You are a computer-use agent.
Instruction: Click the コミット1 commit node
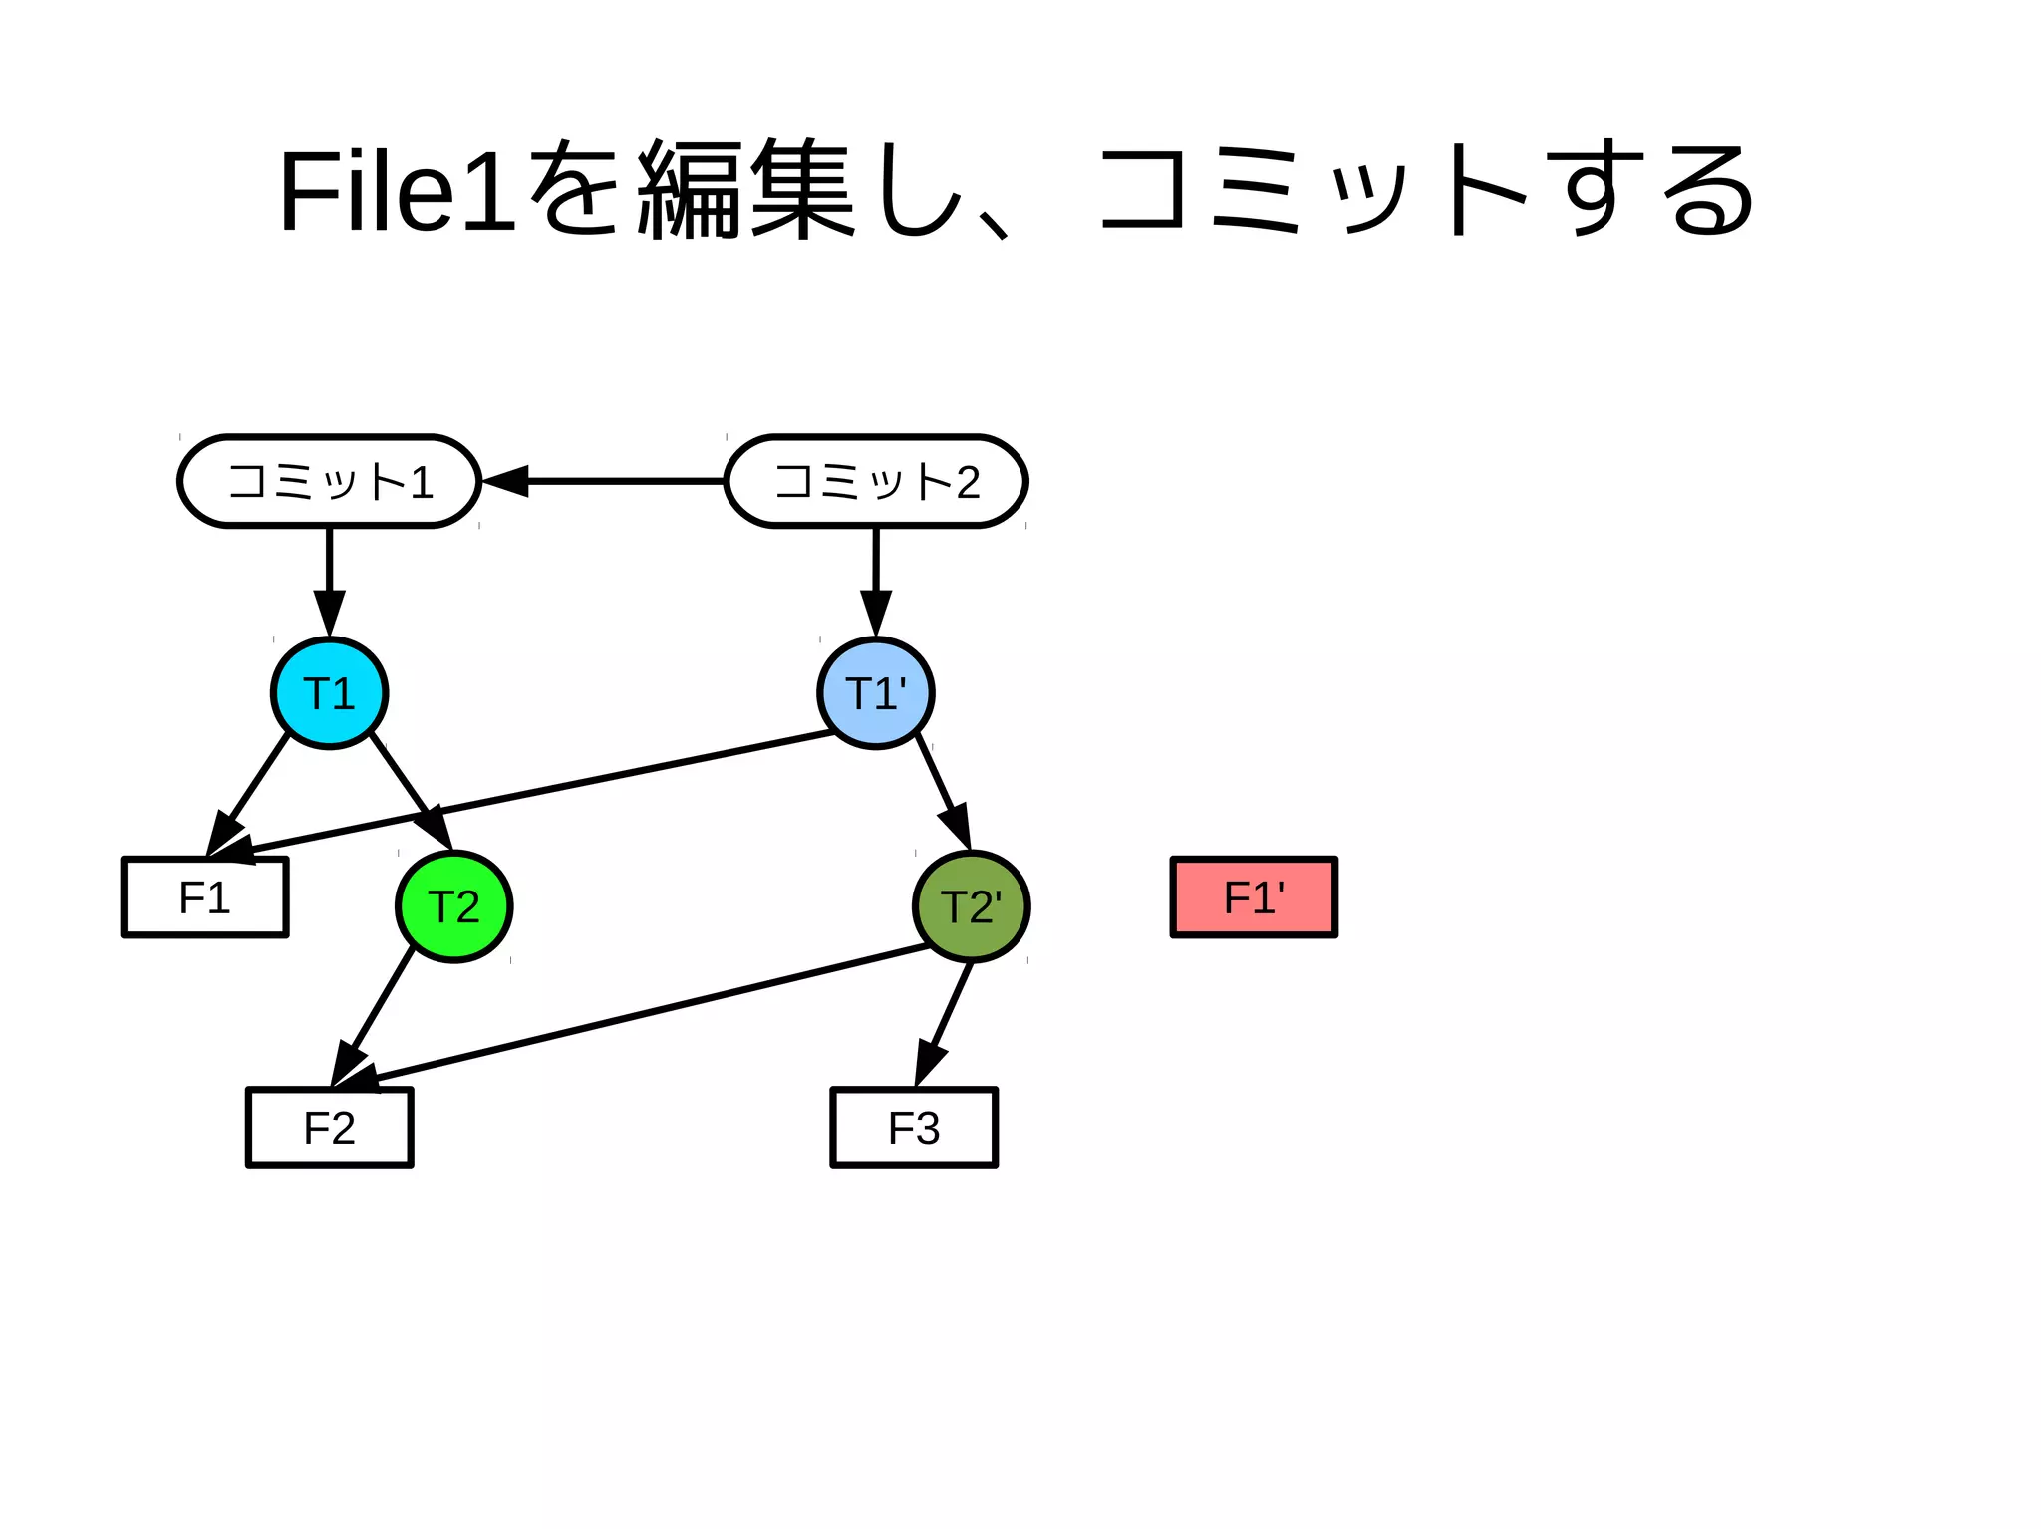(x=329, y=481)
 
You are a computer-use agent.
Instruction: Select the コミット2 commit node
(x=876, y=481)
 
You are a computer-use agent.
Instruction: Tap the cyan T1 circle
(x=330, y=693)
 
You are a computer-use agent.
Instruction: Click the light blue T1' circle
(x=876, y=693)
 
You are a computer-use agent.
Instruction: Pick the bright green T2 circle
(x=454, y=906)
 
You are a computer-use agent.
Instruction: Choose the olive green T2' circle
(x=972, y=906)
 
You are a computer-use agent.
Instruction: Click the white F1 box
(x=205, y=897)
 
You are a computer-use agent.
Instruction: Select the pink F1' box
(x=1254, y=897)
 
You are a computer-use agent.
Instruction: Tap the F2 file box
(x=330, y=1128)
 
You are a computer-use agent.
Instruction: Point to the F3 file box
(x=914, y=1128)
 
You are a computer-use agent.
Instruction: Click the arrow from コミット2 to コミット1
(x=618, y=481)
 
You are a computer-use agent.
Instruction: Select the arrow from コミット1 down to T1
(x=330, y=578)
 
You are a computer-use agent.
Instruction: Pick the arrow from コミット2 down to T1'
(x=876, y=578)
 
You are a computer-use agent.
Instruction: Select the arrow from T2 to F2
(x=379, y=1006)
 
